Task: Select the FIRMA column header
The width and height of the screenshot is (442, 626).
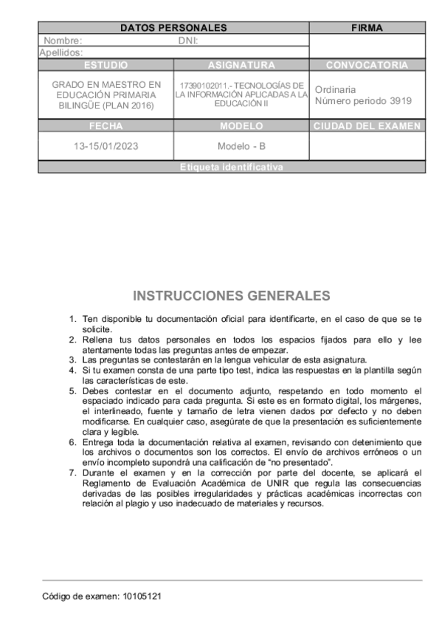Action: (367, 28)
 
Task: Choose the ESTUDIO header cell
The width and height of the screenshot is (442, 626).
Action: (106, 65)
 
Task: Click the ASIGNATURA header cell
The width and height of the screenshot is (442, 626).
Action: (241, 65)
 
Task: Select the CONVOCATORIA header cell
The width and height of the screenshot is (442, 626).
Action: (367, 65)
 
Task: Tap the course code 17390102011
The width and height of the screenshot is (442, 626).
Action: (199, 86)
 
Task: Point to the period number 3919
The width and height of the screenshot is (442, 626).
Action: (399, 100)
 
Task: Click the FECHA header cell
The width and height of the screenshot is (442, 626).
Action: (106, 126)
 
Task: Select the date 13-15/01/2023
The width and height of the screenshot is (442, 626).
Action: (106, 146)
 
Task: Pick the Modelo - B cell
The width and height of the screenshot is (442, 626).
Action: (241, 146)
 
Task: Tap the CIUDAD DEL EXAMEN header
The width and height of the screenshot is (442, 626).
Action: (367, 126)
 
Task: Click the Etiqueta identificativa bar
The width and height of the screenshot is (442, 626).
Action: (231, 168)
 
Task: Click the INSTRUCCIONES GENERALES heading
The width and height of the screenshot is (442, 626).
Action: (231, 297)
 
